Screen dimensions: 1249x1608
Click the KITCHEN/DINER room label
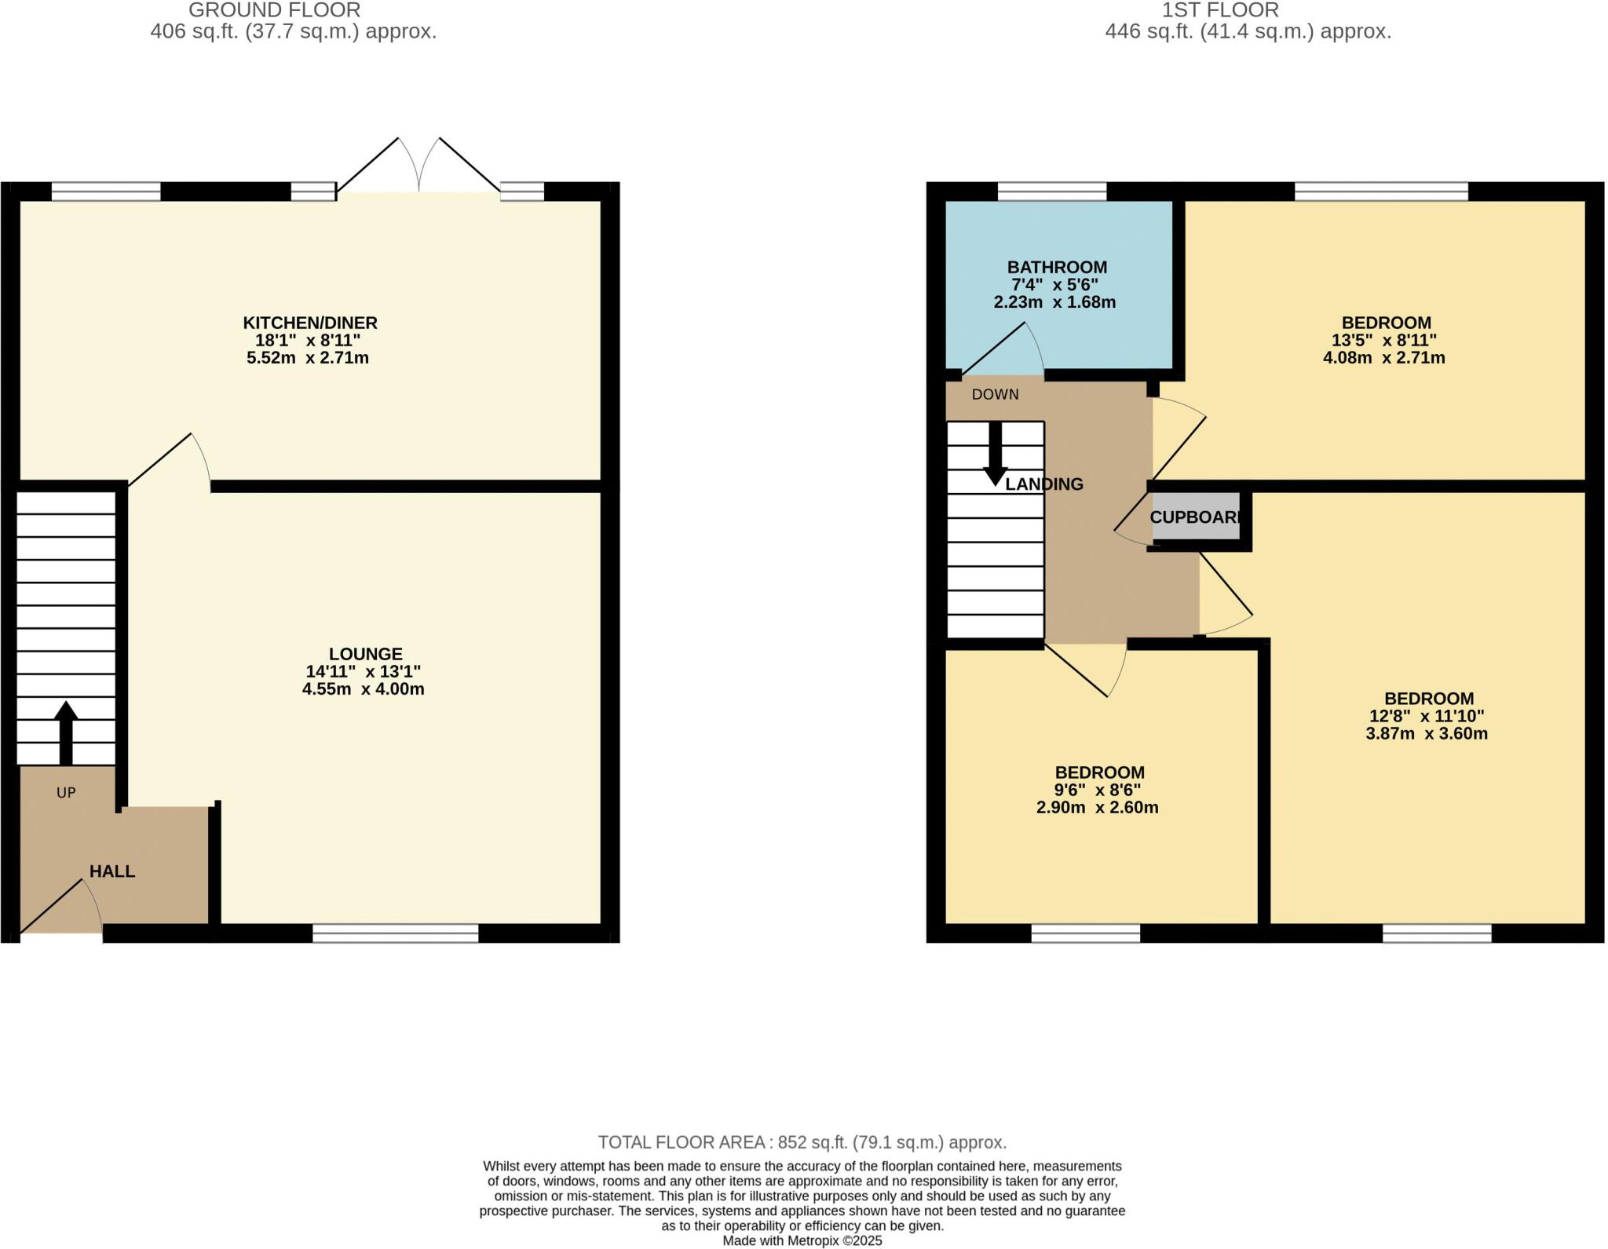coord(309,323)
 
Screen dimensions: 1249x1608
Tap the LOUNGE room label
coord(365,654)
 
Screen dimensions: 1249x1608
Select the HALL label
coord(111,871)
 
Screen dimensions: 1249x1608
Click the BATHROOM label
coord(1057,267)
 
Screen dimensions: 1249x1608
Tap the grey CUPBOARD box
coord(1196,517)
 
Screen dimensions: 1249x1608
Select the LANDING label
coord(1044,484)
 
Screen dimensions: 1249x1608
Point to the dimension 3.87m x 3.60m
coord(1426,734)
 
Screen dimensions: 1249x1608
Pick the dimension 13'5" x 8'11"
coord(1383,340)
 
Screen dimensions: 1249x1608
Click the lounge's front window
coord(395,933)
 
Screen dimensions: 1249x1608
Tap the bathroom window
coord(1051,191)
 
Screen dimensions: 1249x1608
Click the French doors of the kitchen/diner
coord(418,169)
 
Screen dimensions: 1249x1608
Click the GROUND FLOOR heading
coord(275,10)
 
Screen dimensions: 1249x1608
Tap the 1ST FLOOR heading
coord(1220,10)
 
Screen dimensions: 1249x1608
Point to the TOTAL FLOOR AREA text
coord(802,1142)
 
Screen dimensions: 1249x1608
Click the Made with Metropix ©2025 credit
coord(802,1241)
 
